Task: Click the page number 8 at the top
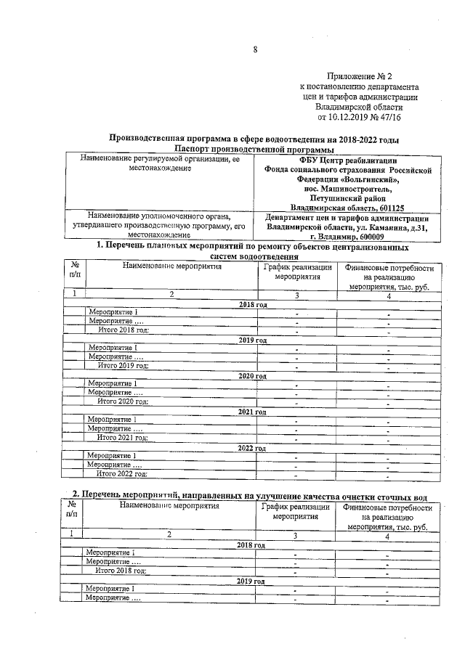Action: point(255,49)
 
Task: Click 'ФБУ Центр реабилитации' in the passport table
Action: point(347,160)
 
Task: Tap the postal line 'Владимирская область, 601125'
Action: point(347,207)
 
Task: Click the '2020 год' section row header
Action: point(253,376)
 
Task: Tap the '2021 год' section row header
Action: point(253,412)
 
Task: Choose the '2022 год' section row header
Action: point(253,448)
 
